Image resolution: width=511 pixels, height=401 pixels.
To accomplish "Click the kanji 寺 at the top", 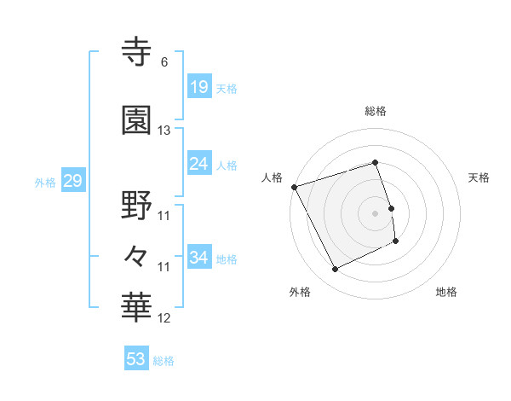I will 138,51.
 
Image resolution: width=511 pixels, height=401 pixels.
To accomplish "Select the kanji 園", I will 138,120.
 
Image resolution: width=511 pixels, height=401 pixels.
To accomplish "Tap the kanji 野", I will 138,206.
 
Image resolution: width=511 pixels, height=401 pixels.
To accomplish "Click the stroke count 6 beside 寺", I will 164,62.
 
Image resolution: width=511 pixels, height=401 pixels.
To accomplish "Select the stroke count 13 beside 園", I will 164,131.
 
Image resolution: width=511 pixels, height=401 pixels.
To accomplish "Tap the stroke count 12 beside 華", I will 164,318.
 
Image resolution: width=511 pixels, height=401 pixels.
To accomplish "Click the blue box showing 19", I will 198,87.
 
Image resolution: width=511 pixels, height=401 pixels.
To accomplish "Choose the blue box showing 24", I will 198,164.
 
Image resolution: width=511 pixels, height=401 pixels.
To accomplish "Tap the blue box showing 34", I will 198,257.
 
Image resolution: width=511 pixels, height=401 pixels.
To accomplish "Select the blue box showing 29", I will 72,181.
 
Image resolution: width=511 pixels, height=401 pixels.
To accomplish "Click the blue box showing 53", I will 136,359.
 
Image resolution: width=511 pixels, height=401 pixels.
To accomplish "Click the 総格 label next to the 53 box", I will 164,361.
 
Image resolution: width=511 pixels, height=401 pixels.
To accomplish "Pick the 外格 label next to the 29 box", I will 45,182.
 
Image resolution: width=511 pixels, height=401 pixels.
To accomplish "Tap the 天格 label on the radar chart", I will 479,177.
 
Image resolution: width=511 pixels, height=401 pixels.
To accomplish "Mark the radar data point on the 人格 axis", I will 294,186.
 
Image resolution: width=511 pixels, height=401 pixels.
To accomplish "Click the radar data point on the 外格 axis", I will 335,270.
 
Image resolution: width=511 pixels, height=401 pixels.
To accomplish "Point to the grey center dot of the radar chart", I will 375,212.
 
